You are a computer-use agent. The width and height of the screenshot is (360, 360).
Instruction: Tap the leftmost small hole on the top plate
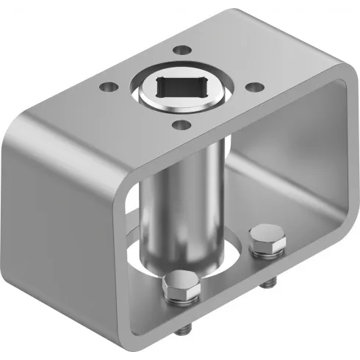click(x=107, y=87)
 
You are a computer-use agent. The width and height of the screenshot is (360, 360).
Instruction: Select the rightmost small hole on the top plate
click(x=252, y=87)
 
